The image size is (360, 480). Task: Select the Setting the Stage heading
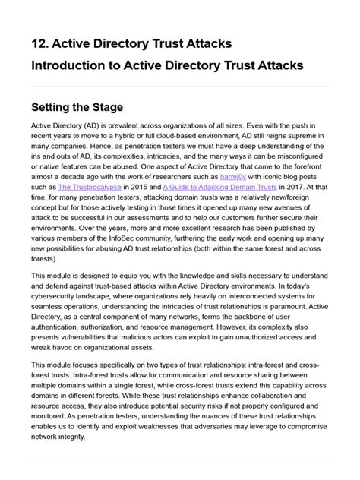[x=77, y=107]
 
